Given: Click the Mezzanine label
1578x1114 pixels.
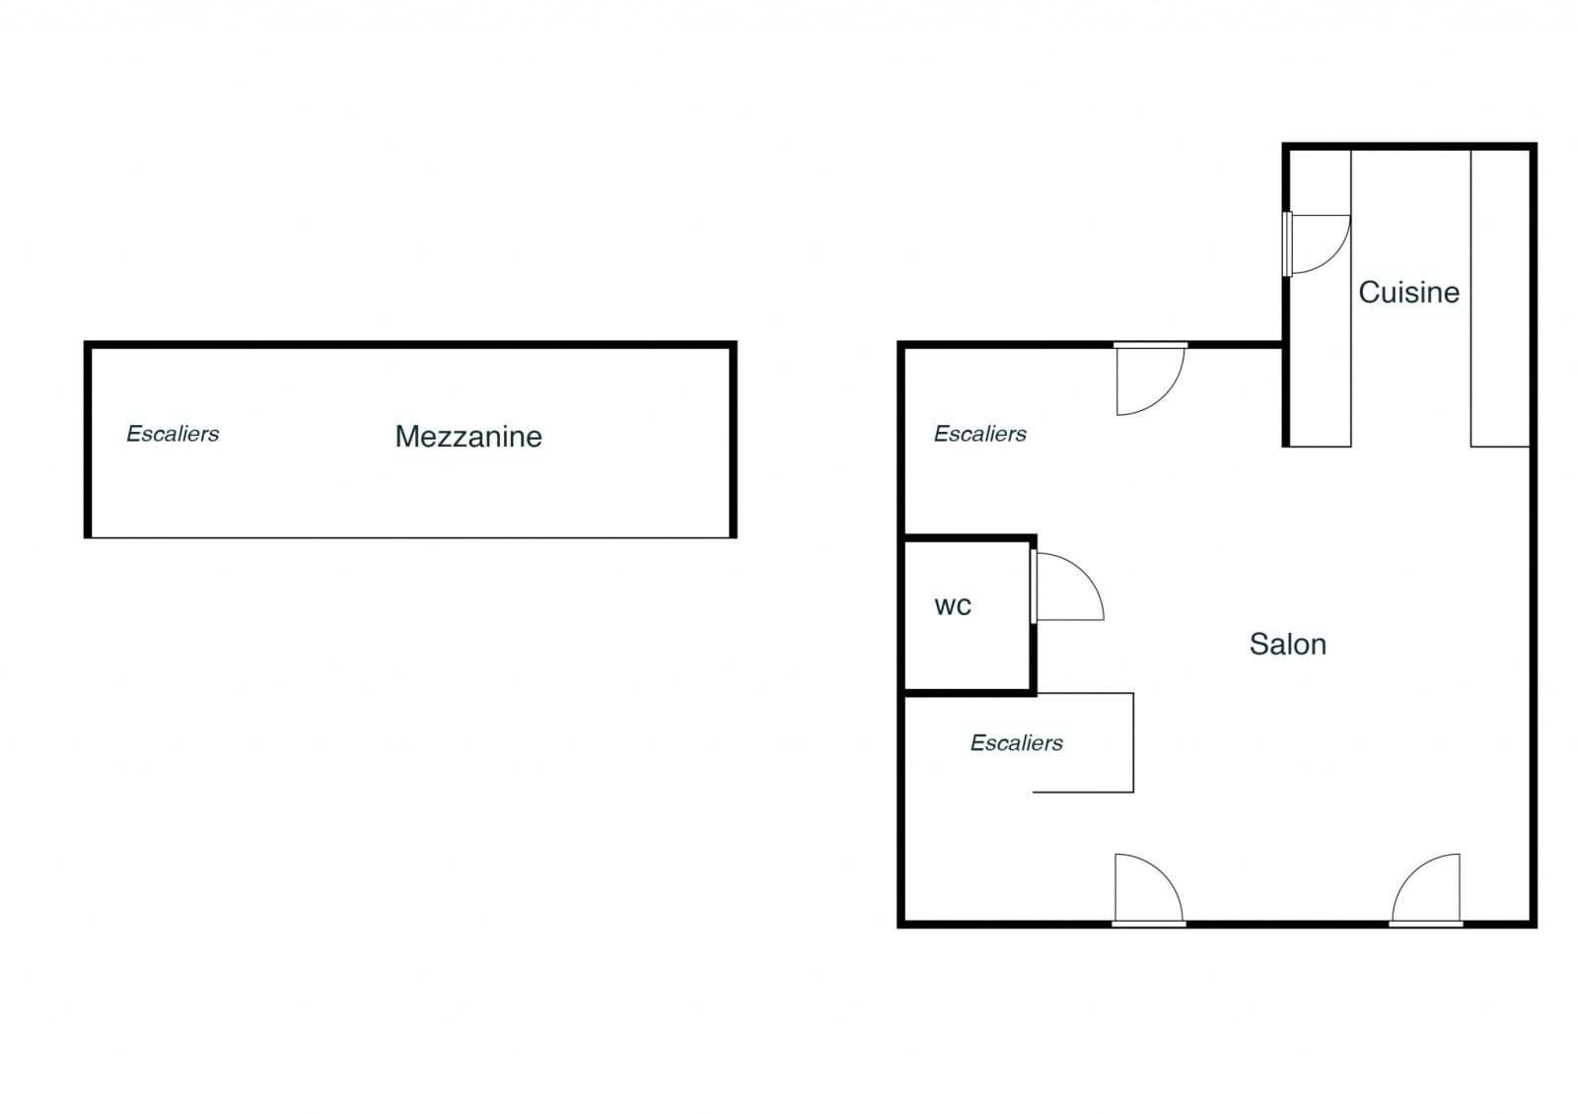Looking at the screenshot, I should click(468, 437).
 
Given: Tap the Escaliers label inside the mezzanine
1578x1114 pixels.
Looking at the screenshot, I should click(173, 434).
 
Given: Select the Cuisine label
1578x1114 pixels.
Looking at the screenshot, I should click(1408, 293).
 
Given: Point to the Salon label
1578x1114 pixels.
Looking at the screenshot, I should click(1287, 645).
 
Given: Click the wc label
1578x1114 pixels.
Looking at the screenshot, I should click(953, 605).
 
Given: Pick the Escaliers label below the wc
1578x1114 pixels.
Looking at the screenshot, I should click(1016, 743).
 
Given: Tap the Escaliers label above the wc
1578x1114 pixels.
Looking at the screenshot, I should click(979, 434).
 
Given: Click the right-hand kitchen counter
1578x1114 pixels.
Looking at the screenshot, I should click(1499, 296).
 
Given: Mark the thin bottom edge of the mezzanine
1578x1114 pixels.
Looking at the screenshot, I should click(410, 537).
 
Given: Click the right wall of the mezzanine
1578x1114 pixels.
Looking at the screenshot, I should click(733, 440).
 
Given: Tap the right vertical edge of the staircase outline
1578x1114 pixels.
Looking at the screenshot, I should click(1133, 742).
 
